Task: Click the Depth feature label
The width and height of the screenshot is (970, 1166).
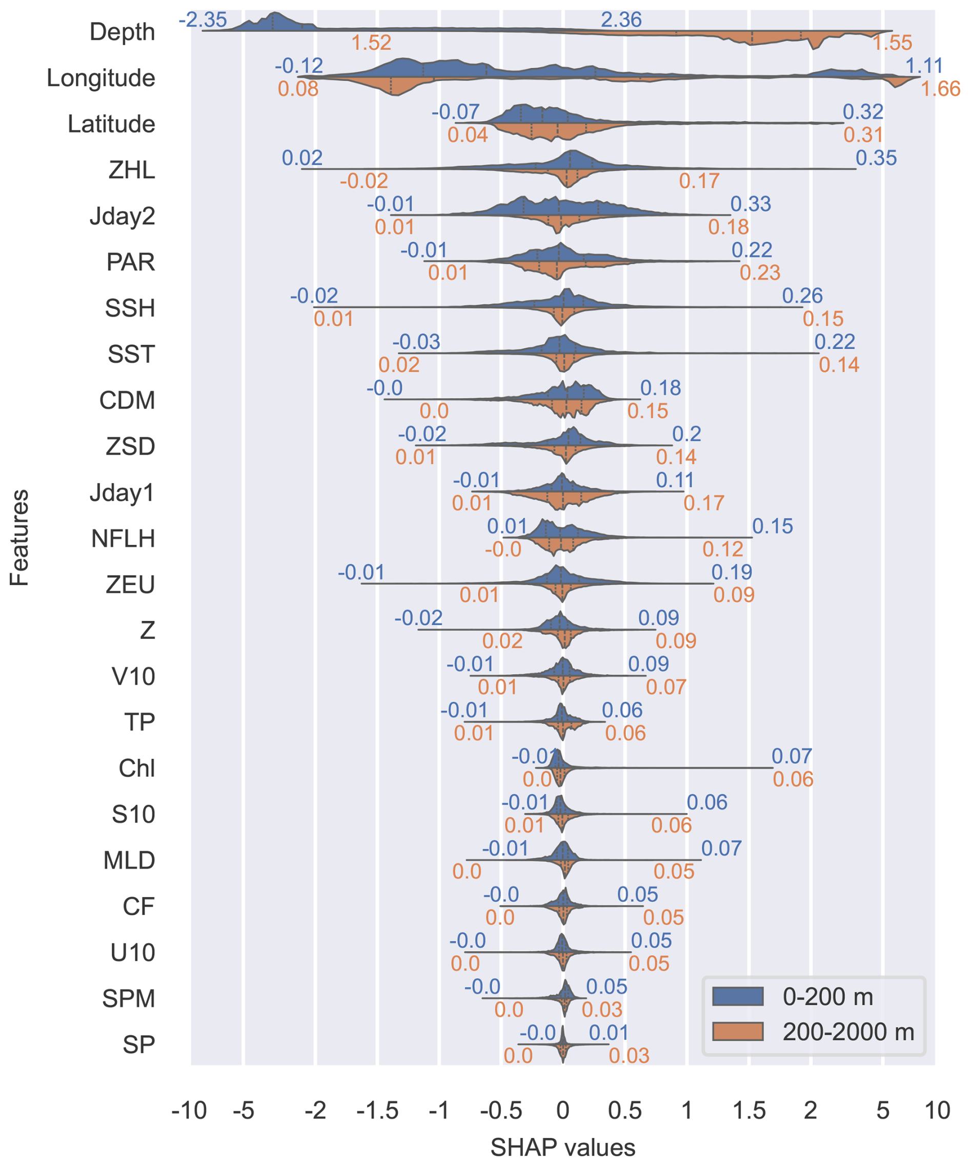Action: coord(122,32)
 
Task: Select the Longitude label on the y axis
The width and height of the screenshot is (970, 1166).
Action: coord(100,78)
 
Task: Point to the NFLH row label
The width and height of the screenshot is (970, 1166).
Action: coord(123,539)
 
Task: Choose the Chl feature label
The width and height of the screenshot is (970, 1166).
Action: coord(136,768)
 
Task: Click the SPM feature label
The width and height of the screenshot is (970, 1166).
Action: coord(128,999)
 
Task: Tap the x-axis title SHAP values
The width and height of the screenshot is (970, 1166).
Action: coord(563,1148)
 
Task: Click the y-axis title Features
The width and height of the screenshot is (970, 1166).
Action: coord(20,538)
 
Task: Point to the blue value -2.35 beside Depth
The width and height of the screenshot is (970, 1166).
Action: coord(203,20)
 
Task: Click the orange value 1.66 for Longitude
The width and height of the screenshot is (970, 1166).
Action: coord(941,89)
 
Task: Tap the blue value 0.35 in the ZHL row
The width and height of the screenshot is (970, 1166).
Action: coord(876,158)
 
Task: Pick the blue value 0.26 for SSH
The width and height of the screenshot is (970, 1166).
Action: coord(802,296)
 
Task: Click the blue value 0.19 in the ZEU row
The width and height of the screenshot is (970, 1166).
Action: coord(732,572)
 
